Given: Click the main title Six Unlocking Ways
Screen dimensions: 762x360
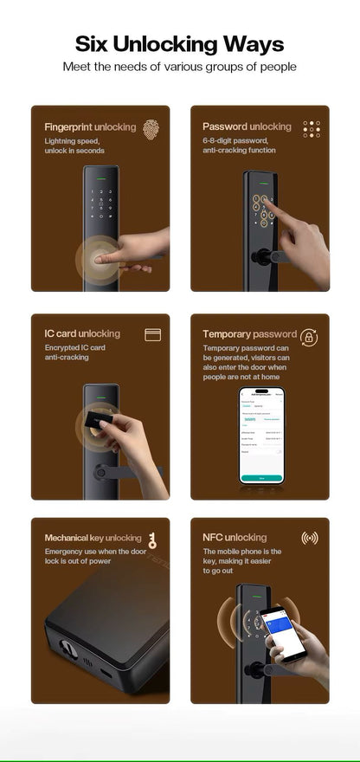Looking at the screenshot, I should (179, 44).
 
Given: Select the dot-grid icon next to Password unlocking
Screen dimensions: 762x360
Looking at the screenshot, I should (312, 128).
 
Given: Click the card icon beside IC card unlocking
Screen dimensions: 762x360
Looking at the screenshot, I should (153, 333).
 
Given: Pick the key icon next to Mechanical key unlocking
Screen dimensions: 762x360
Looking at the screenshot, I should (152, 540).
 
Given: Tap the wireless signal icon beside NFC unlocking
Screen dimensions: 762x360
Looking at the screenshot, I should (309, 538).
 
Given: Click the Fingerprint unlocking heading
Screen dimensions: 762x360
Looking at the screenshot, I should (90, 127).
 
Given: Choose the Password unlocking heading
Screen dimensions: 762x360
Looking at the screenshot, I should (247, 127).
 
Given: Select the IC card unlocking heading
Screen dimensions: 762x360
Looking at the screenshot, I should (82, 333).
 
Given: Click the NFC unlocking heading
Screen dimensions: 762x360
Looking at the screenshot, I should (235, 538).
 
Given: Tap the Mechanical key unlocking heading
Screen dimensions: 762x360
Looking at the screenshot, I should (93, 538).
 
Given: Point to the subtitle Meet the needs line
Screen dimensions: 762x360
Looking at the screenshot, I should (179, 67).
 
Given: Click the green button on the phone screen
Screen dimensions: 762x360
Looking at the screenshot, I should (261, 476).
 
